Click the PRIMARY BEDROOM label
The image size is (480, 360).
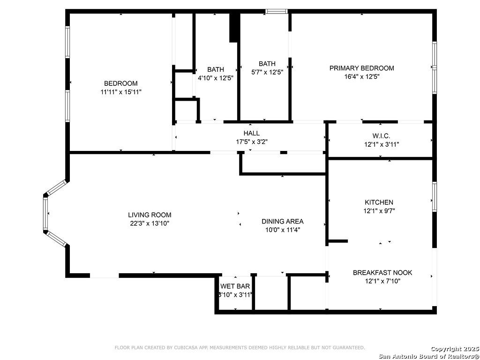[x=361, y=68]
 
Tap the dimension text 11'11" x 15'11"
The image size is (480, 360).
[x=121, y=91]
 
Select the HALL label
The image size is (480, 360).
[x=251, y=133]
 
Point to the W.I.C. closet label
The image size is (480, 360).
[x=381, y=136]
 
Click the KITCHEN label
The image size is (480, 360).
[x=379, y=202]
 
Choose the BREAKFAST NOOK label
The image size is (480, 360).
[x=382, y=272]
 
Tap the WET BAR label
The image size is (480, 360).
[x=235, y=286]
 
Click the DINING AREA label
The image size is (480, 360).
[x=283, y=221]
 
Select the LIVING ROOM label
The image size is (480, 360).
[x=150, y=215]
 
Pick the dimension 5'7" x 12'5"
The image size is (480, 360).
[x=267, y=72]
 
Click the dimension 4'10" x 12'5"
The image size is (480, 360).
[x=216, y=78]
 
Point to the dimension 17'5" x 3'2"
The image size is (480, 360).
[x=252, y=142]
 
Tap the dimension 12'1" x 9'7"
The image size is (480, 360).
[x=379, y=211]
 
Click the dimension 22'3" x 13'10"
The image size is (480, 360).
[x=150, y=224]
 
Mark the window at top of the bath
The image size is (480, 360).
[x=277, y=11]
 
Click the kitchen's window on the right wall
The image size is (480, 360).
[x=435, y=196]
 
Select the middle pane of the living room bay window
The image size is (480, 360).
[x=45, y=213]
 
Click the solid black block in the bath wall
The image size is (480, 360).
[x=234, y=28]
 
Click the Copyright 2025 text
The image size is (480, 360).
[x=454, y=349]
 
